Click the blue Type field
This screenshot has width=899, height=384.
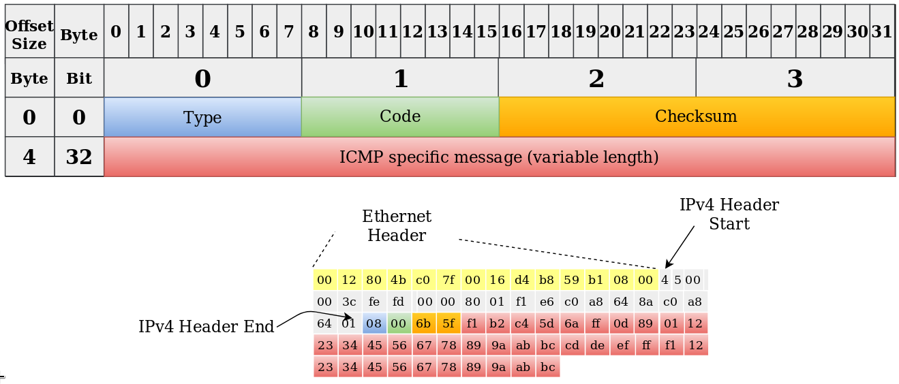(202, 117)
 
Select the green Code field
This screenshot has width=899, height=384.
(400, 117)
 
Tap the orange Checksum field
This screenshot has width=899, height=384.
(697, 117)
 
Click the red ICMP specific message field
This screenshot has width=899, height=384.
(500, 157)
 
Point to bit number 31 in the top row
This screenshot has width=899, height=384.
(883, 31)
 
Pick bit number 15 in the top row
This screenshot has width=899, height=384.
(487, 31)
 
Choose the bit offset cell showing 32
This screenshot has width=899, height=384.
(79, 157)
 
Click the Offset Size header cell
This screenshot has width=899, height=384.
(30, 31)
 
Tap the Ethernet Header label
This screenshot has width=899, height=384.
(397, 225)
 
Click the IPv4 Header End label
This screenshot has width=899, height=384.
(207, 326)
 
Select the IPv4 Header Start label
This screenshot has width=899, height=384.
(729, 214)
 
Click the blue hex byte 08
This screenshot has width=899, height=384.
(374, 323)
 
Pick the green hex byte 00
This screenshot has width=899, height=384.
(399, 323)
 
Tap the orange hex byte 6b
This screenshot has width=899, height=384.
(423, 323)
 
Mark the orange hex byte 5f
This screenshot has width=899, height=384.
(448, 323)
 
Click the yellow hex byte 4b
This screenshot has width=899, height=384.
(399, 280)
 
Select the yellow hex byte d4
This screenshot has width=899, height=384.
(522, 280)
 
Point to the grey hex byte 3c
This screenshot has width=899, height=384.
(349, 302)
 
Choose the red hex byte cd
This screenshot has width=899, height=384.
(572, 345)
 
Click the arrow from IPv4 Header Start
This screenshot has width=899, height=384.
(680, 247)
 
